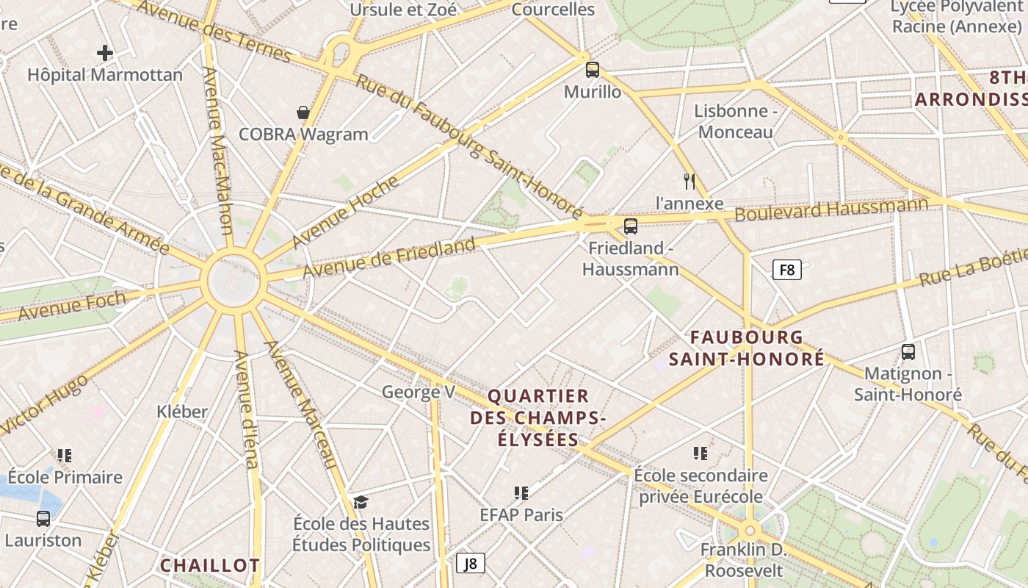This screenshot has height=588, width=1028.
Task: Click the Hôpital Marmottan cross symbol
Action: coord(105,53)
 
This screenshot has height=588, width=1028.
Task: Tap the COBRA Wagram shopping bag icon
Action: coord(303,112)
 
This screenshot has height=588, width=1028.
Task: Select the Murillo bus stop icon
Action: coord(593,70)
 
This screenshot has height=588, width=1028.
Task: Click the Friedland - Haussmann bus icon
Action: coord(630,226)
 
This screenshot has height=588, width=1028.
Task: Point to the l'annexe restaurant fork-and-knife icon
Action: coord(689,181)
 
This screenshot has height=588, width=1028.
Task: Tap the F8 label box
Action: coord(787,270)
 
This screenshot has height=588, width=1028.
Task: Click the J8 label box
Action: coord(471,564)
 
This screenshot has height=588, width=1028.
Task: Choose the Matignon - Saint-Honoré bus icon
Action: coord(908,352)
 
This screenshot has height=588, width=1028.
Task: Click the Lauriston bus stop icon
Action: coord(43,519)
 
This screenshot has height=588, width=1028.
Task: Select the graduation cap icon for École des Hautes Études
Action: coord(361,503)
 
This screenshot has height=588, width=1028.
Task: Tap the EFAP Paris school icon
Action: coord(521,492)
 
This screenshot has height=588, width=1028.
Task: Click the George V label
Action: coord(419,392)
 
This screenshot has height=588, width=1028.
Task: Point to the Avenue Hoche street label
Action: coord(345,212)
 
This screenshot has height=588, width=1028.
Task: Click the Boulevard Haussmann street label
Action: coord(831,209)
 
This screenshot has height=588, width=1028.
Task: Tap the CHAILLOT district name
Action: coord(210,565)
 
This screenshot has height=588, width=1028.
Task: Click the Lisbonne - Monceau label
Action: coord(736,121)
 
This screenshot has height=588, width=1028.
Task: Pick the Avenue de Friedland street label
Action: coord(388,257)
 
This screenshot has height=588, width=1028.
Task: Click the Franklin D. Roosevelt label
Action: coord(743,560)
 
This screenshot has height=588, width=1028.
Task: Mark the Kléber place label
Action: coord(182,412)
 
